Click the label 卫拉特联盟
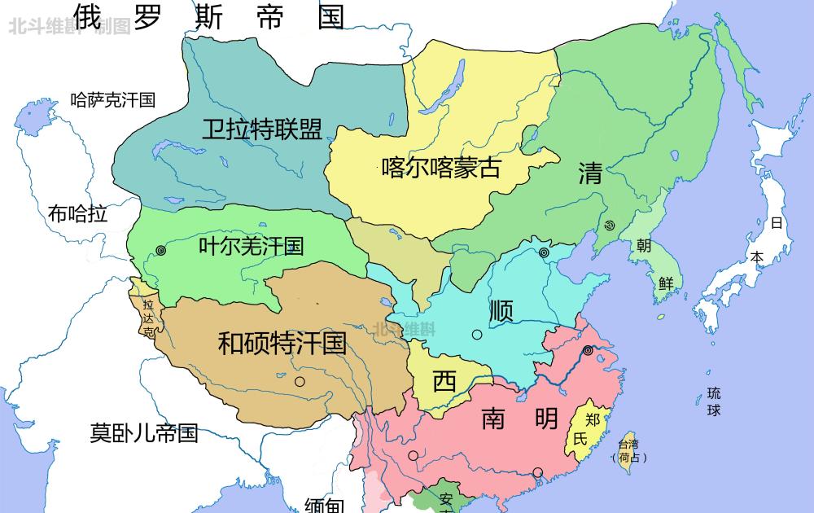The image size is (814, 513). click(262, 129)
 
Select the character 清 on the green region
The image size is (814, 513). click(590, 173)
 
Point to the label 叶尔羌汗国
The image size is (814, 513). click(251, 246)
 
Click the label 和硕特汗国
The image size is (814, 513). click(282, 343)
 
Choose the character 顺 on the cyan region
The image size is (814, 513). click(501, 310)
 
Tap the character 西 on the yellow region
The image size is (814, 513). click(444, 381)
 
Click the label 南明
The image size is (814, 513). click(519, 419)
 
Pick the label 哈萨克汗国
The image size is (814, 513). click(113, 100)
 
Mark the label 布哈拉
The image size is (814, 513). click(77, 214)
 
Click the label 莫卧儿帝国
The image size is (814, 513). click(144, 432)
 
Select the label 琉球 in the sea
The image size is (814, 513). click(714, 401)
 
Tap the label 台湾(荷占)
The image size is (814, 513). click(629, 450)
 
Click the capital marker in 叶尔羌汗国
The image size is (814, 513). click(161, 251)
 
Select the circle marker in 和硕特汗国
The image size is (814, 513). click(300, 381)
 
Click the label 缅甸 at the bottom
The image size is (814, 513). click(324, 505)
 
